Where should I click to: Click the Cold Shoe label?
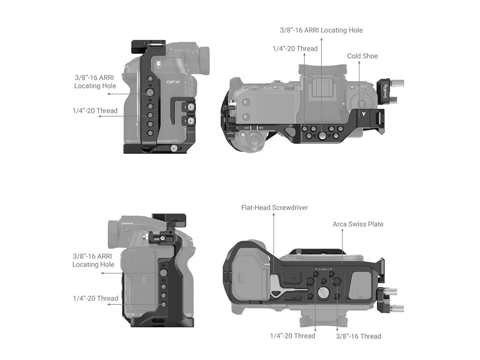pos(362,56)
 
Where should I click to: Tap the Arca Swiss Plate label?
pos(358,224)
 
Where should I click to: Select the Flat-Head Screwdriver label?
pos(274,207)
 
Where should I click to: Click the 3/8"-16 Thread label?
pos(359,336)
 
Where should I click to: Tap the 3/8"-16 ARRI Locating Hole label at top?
pos(321,30)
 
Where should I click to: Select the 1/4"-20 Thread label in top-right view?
pos(295,48)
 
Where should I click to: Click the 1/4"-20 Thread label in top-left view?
pos(95,111)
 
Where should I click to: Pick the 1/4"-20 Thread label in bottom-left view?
pos(95,298)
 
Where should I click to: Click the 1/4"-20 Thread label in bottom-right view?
pos(292,336)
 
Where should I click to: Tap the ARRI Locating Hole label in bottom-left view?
pos(93,260)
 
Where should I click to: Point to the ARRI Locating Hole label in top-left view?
pos(95,82)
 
